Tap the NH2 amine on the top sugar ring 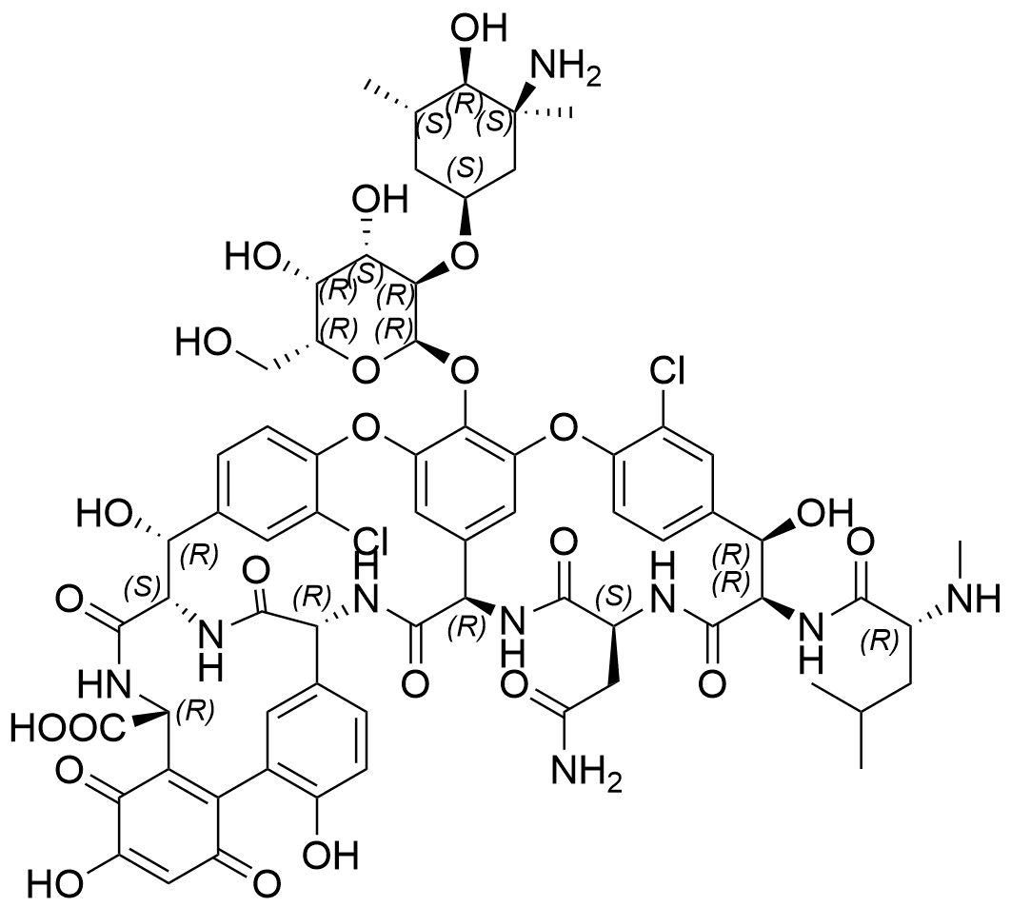[565, 69]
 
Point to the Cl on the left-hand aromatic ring [368, 542]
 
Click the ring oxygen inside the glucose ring [366, 372]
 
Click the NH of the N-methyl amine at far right [975, 600]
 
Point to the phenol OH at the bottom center [330, 856]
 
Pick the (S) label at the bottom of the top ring [465, 167]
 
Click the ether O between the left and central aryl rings [366, 426]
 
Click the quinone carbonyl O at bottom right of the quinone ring [266, 883]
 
